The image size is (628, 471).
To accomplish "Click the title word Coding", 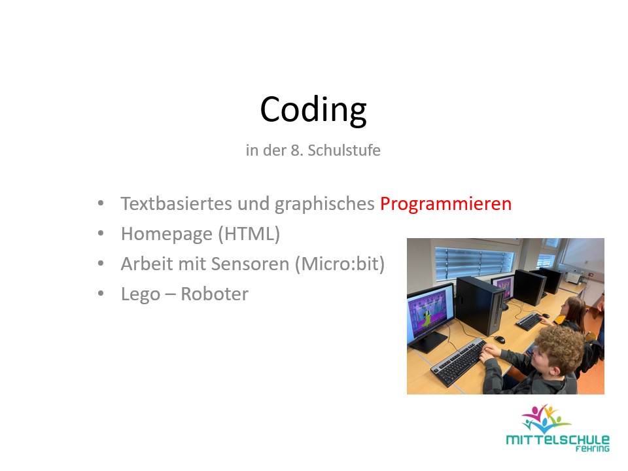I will click(x=313, y=109).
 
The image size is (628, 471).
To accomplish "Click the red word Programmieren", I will click(x=445, y=203).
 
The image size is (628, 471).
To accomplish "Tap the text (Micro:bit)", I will click(x=340, y=264).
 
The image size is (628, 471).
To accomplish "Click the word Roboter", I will click(x=215, y=294).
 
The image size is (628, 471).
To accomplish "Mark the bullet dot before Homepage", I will click(x=100, y=234).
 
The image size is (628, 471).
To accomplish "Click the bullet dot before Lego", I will click(x=100, y=294).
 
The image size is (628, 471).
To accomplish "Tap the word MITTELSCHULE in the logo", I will click(x=557, y=440).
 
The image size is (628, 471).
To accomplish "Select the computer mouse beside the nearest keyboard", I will click(x=499, y=339).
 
